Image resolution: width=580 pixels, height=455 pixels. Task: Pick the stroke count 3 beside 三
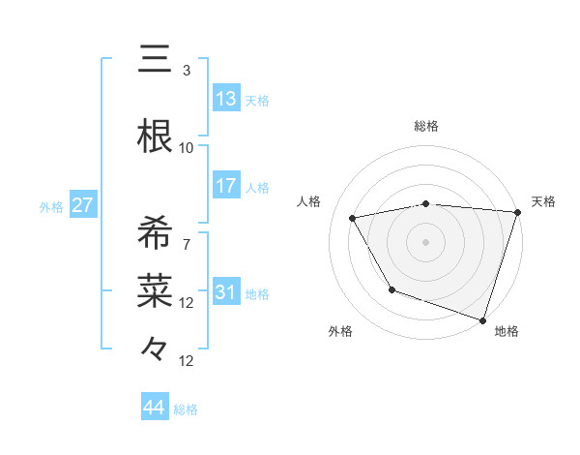click(x=187, y=71)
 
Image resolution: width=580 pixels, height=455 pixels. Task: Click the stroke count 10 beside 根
click(x=187, y=147)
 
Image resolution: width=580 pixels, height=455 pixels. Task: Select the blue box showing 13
click(x=226, y=99)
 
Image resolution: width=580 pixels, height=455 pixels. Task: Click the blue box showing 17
click(x=226, y=186)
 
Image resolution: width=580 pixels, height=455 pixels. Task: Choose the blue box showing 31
click(x=226, y=292)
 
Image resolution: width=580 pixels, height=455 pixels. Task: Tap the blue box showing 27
click(x=82, y=205)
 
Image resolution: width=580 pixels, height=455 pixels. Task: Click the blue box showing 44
click(x=155, y=408)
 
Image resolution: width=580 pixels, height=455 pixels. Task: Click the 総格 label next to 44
click(x=187, y=409)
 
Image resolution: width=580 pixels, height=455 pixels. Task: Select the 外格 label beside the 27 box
click(x=51, y=207)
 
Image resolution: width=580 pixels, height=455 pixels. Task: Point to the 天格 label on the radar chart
click(x=543, y=201)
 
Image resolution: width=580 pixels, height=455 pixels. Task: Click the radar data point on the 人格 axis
click(x=353, y=218)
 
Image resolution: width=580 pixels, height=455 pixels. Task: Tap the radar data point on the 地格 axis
click(x=482, y=318)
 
